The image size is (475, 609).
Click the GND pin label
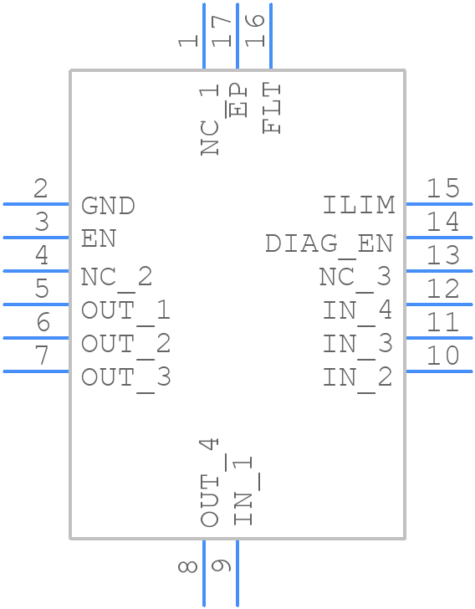108,206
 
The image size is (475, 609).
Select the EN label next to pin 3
99,239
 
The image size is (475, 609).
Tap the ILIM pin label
359,206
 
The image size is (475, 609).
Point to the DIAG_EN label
329,243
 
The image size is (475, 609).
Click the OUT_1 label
125,310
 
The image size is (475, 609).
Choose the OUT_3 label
125,377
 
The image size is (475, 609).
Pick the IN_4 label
358,310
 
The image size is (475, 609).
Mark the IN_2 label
358,377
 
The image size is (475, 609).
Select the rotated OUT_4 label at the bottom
210,483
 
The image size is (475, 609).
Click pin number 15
443,188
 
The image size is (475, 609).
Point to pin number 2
40,188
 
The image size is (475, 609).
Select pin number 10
443,356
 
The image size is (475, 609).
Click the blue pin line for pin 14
439,238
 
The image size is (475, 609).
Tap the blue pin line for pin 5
37,304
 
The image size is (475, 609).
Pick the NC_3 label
355,277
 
